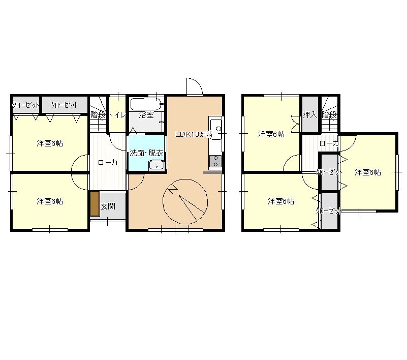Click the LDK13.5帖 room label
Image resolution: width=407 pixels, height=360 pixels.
point(194,134)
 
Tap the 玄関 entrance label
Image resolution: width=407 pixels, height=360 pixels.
point(108,206)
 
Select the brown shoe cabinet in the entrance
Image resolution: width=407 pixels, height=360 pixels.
point(95,203)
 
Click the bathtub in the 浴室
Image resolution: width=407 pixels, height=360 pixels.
point(146,104)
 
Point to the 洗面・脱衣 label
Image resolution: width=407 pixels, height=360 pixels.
point(146,153)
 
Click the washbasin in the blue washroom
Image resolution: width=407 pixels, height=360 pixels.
point(156,165)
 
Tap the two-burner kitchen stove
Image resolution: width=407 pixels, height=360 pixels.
point(215,161)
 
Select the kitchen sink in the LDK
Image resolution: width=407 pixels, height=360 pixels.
point(216,128)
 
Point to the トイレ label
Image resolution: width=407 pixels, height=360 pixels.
point(117,114)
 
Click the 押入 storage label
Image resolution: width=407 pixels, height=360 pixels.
point(310,114)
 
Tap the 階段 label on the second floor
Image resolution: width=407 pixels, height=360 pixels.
point(330,114)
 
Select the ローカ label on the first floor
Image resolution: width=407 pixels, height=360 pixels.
point(108,163)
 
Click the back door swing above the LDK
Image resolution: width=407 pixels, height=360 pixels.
point(194,86)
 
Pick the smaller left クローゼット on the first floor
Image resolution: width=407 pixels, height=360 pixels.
point(26,105)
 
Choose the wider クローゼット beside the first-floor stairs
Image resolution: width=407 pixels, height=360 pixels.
point(65,105)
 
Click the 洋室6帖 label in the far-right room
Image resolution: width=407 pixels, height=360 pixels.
point(368,172)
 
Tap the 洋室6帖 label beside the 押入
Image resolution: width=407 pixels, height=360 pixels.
point(271,134)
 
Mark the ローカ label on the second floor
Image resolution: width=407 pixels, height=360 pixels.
point(329,143)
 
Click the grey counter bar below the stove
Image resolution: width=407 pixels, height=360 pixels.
point(212,172)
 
